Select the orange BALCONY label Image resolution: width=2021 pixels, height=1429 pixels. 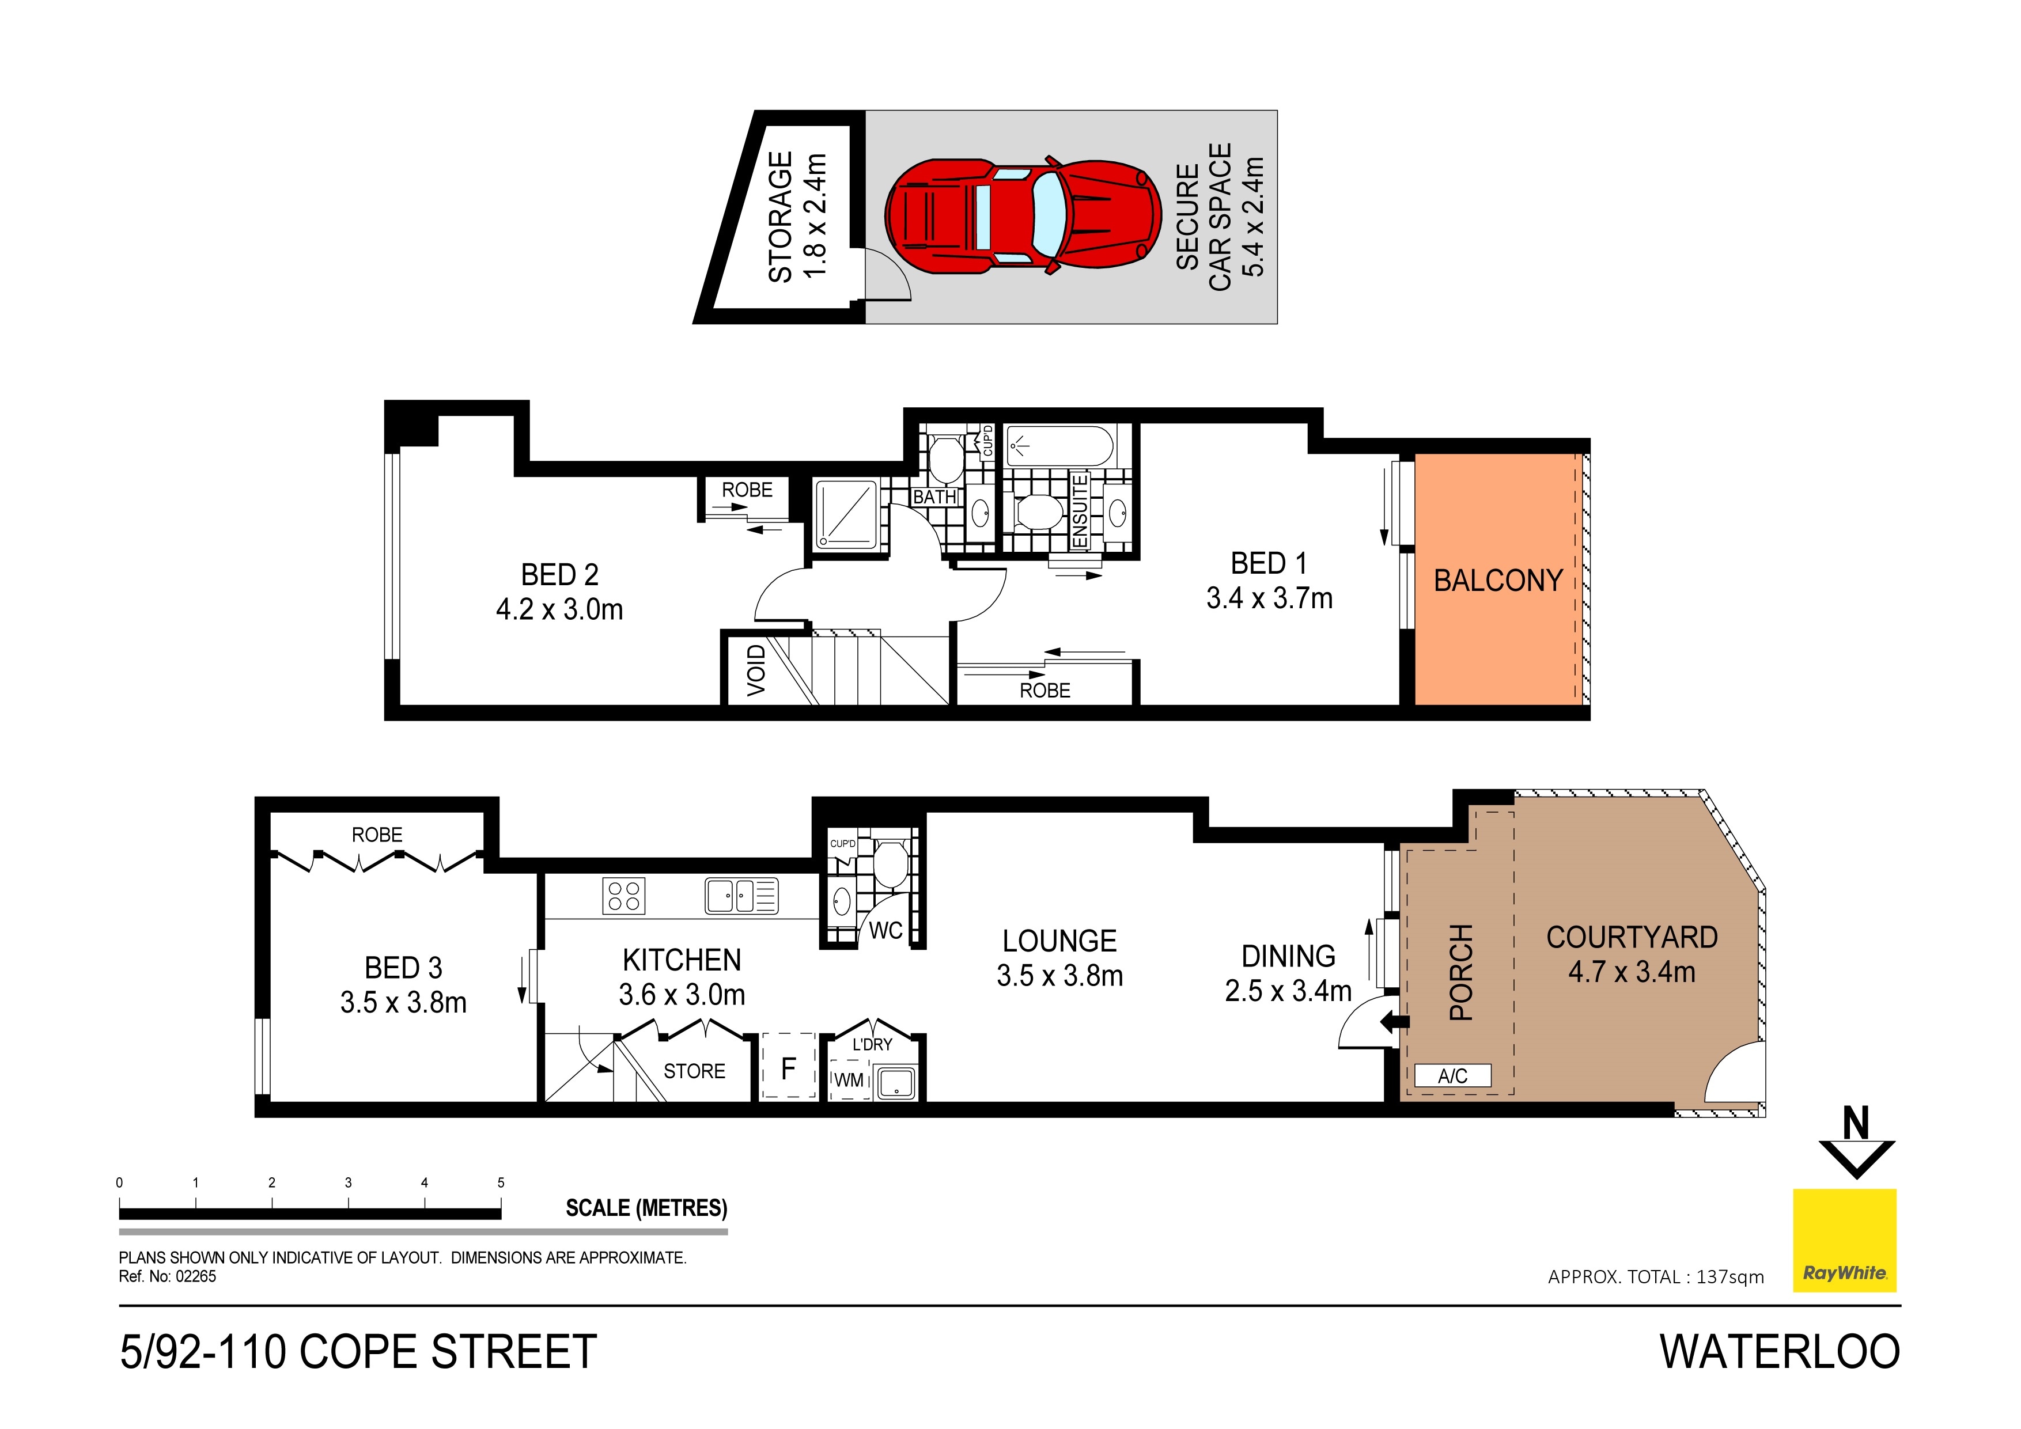click(x=1498, y=581)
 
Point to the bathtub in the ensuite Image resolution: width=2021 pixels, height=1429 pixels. click(x=1060, y=446)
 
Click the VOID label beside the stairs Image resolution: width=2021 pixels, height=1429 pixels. click(x=756, y=670)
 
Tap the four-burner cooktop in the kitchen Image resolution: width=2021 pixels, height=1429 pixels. click(x=624, y=896)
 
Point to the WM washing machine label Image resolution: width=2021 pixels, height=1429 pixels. click(x=849, y=1079)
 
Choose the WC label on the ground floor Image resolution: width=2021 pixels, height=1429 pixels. click(x=885, y=930)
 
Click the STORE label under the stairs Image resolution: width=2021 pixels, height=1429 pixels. click(x=694, y=1071)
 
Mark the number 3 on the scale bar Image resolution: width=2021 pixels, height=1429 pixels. click(x=348, y=1182)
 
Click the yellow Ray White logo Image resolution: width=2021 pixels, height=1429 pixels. click(x=1844, y=1240)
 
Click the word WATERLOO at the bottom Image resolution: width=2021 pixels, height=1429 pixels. click(x=1780, y=1352)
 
